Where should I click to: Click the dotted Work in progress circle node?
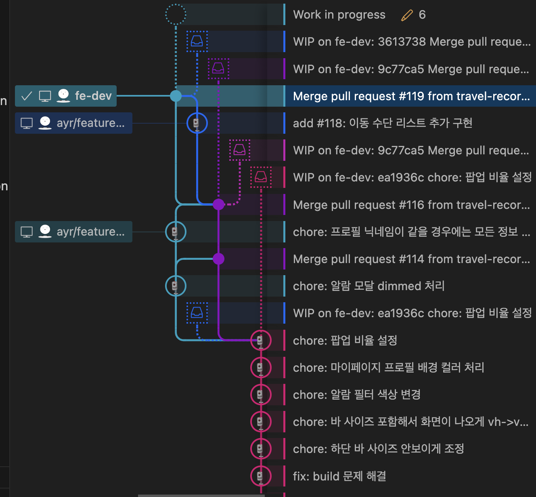[x=176, y=15]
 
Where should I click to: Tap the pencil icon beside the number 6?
[x=407, y=15]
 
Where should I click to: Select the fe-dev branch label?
[x=93, y=96]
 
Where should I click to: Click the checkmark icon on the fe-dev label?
[x=27, y=96]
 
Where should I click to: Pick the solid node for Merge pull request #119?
[x=176, y=96]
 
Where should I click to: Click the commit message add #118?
[x=382, y=123]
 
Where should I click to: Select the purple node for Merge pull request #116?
[x=218, y=204]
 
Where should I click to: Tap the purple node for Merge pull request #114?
[x=218, y=259]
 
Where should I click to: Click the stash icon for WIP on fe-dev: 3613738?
[x=197, y=41]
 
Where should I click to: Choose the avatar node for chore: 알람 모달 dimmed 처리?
[x=176, y=286]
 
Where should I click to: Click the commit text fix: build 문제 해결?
[x=339, y=476]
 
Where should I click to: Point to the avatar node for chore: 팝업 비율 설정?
[x=261, y=340]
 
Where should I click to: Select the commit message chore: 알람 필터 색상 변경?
[x=357, y=394]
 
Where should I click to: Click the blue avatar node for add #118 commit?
[x=197, y=123]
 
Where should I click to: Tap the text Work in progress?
[x=339, y=15]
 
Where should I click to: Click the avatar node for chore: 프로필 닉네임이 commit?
[x=176, y=232]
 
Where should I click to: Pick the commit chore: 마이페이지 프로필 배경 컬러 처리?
[x=388, y=367]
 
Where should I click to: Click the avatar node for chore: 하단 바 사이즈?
[x=261, y=449]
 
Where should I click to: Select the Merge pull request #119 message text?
[x=411, y=96]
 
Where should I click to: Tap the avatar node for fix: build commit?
[x=261, y=476]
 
